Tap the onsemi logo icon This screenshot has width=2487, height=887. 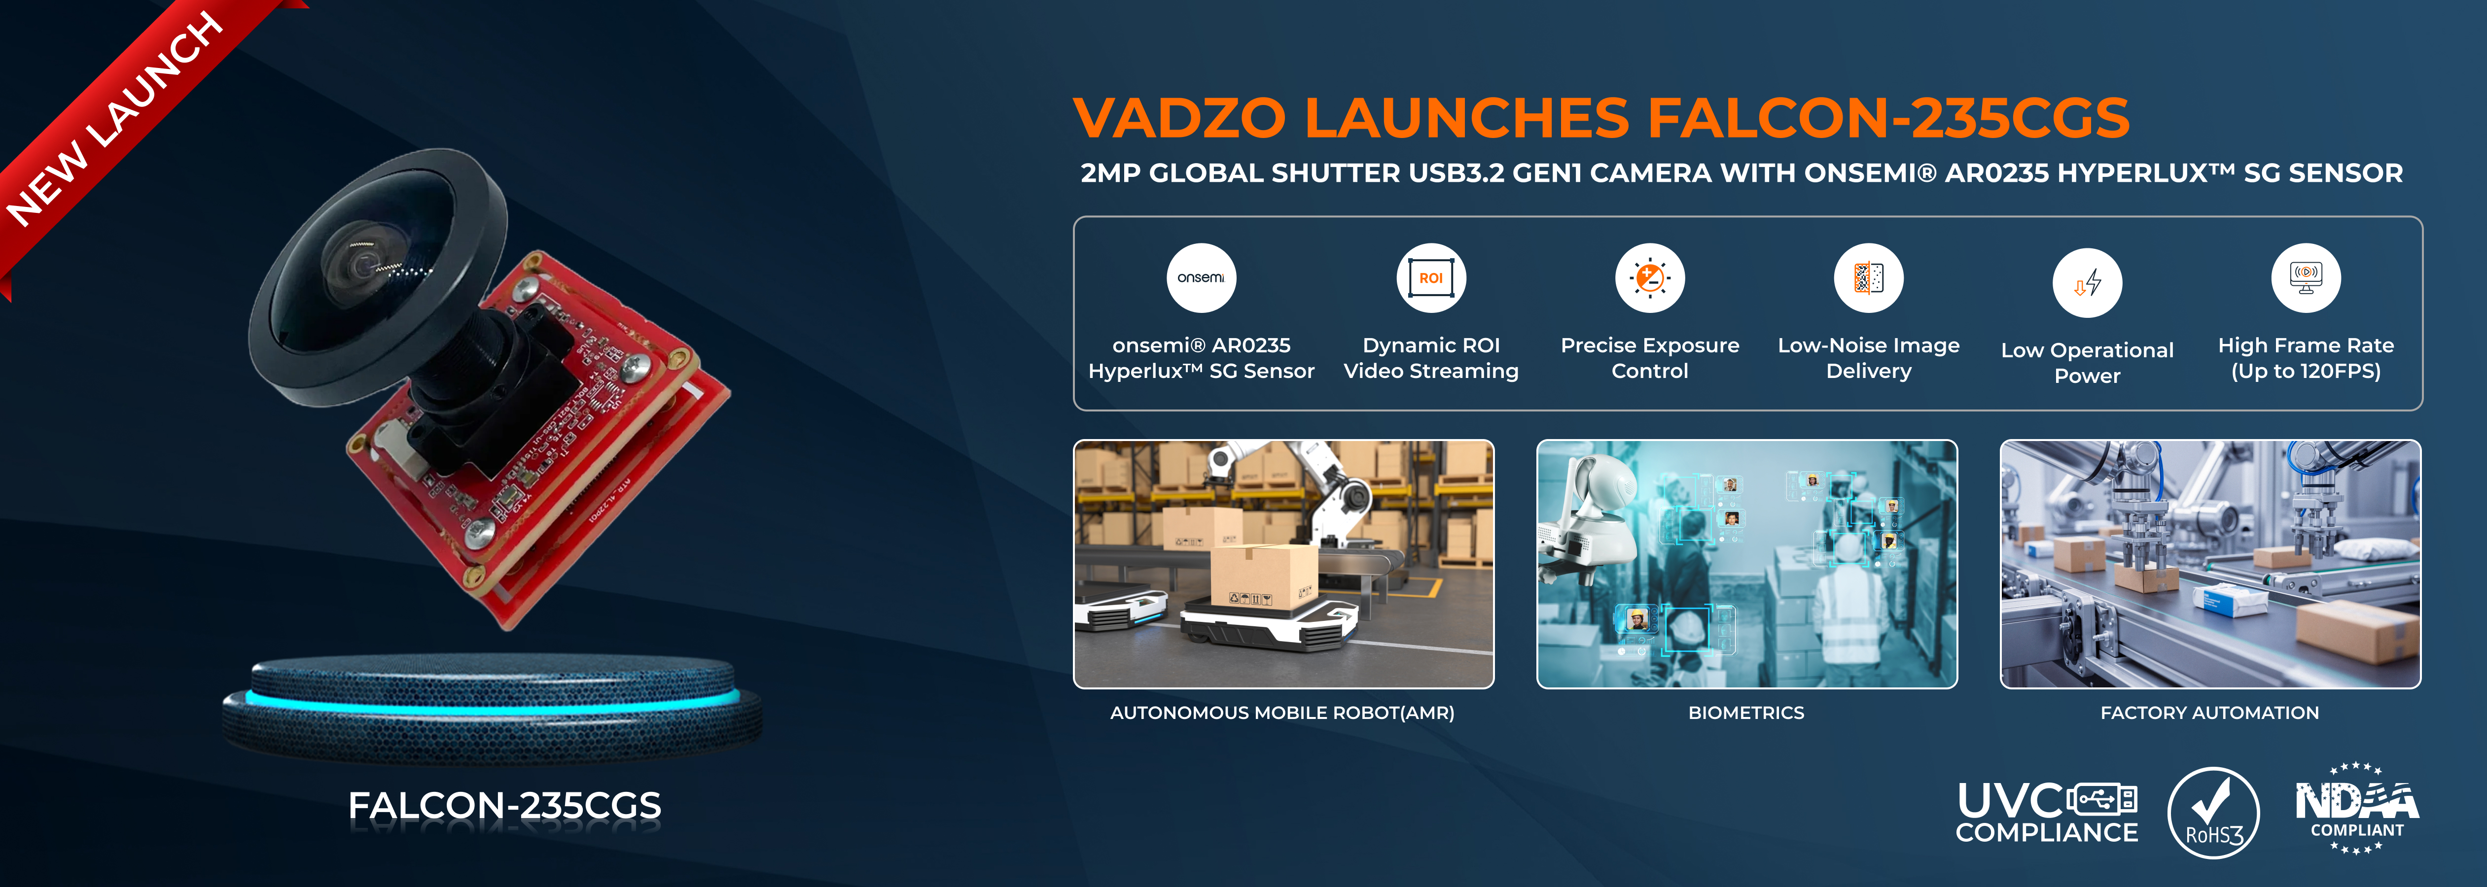point(1201,278)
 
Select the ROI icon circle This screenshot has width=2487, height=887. point(1431,278)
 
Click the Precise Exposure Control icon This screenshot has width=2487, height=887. point(1650,278)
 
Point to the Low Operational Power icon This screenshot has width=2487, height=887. point(2087,283)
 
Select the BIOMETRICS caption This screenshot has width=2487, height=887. point(1745,712)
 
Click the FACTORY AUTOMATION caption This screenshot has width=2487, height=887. point(2209,712)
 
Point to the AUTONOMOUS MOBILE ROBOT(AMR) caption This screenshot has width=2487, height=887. point(1282,712)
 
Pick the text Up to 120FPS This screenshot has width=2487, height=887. point(2306,371)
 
